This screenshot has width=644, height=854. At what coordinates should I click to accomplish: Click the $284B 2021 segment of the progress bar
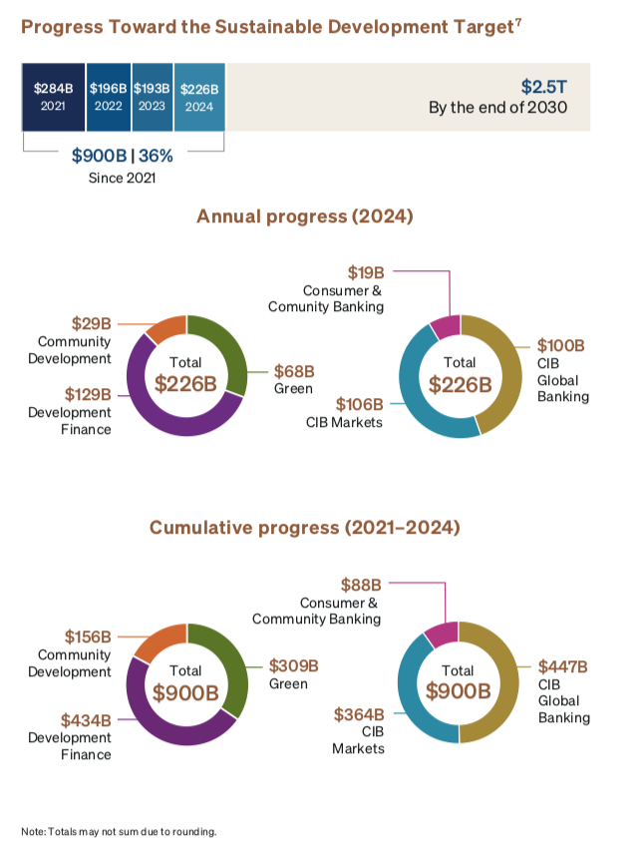coord(54,97)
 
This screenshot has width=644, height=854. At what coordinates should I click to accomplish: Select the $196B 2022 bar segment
coord(108,97)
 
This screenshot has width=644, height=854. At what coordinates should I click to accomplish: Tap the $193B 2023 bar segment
coord(153,97)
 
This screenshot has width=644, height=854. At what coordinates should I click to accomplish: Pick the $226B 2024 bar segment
coord(199,97)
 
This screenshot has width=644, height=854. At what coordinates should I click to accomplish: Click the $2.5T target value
coord(544,87)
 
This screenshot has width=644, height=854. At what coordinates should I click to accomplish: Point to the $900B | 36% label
coord(122,157)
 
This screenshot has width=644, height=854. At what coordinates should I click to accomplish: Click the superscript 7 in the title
coord(518,22)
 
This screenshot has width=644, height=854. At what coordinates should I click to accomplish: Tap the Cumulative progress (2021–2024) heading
coord(304,528)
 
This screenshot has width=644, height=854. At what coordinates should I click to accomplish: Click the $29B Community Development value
coord(92,324)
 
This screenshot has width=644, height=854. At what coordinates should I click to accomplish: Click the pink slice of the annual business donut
coord(445,325)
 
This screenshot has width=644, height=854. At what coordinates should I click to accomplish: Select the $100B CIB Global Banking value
coord(561,346)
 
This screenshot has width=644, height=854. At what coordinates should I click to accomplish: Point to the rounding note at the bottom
coord(118,831)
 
